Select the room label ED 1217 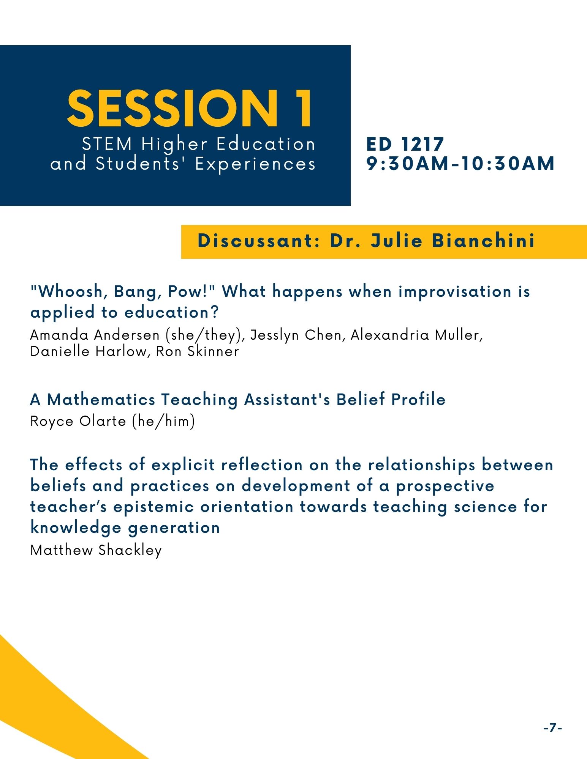coord(405,144)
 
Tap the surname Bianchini coord(484,241)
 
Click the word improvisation coord(455,292)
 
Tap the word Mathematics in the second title coord(101,400)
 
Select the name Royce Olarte coord(78,421)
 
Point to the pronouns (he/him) coord(163,421)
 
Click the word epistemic coord(154,507)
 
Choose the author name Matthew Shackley coord(96,550)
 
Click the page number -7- coord(553,728)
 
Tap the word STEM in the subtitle coord(107,144)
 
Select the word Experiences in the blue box coord(255,164)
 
